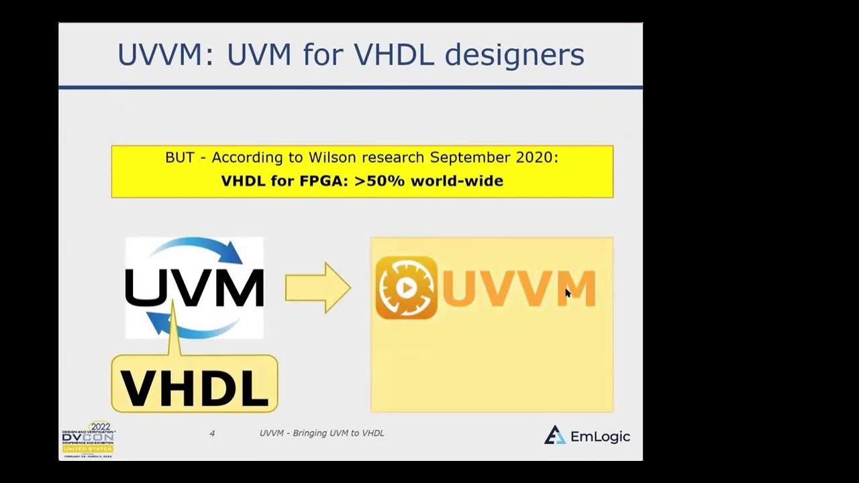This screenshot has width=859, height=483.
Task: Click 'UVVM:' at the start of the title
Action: tap(165, 55)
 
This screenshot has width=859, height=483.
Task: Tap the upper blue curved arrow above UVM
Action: tap(201, 248)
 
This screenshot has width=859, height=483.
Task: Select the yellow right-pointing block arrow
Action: tap(317, 288)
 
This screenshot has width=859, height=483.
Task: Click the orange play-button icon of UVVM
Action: tap(406, 288)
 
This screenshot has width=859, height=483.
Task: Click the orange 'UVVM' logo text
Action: tap(518, 288)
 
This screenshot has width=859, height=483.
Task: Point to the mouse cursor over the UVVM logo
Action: tap(568, 293)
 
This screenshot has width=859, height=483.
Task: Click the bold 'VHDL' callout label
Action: tap(194, 388)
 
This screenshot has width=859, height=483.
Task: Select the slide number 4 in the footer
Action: tap(212, 433)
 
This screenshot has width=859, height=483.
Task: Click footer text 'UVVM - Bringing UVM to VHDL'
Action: tap(321, 433)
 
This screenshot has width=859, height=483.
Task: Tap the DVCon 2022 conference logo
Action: tap(88, 439)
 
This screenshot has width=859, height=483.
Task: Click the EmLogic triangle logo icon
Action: tap(554, 435)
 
